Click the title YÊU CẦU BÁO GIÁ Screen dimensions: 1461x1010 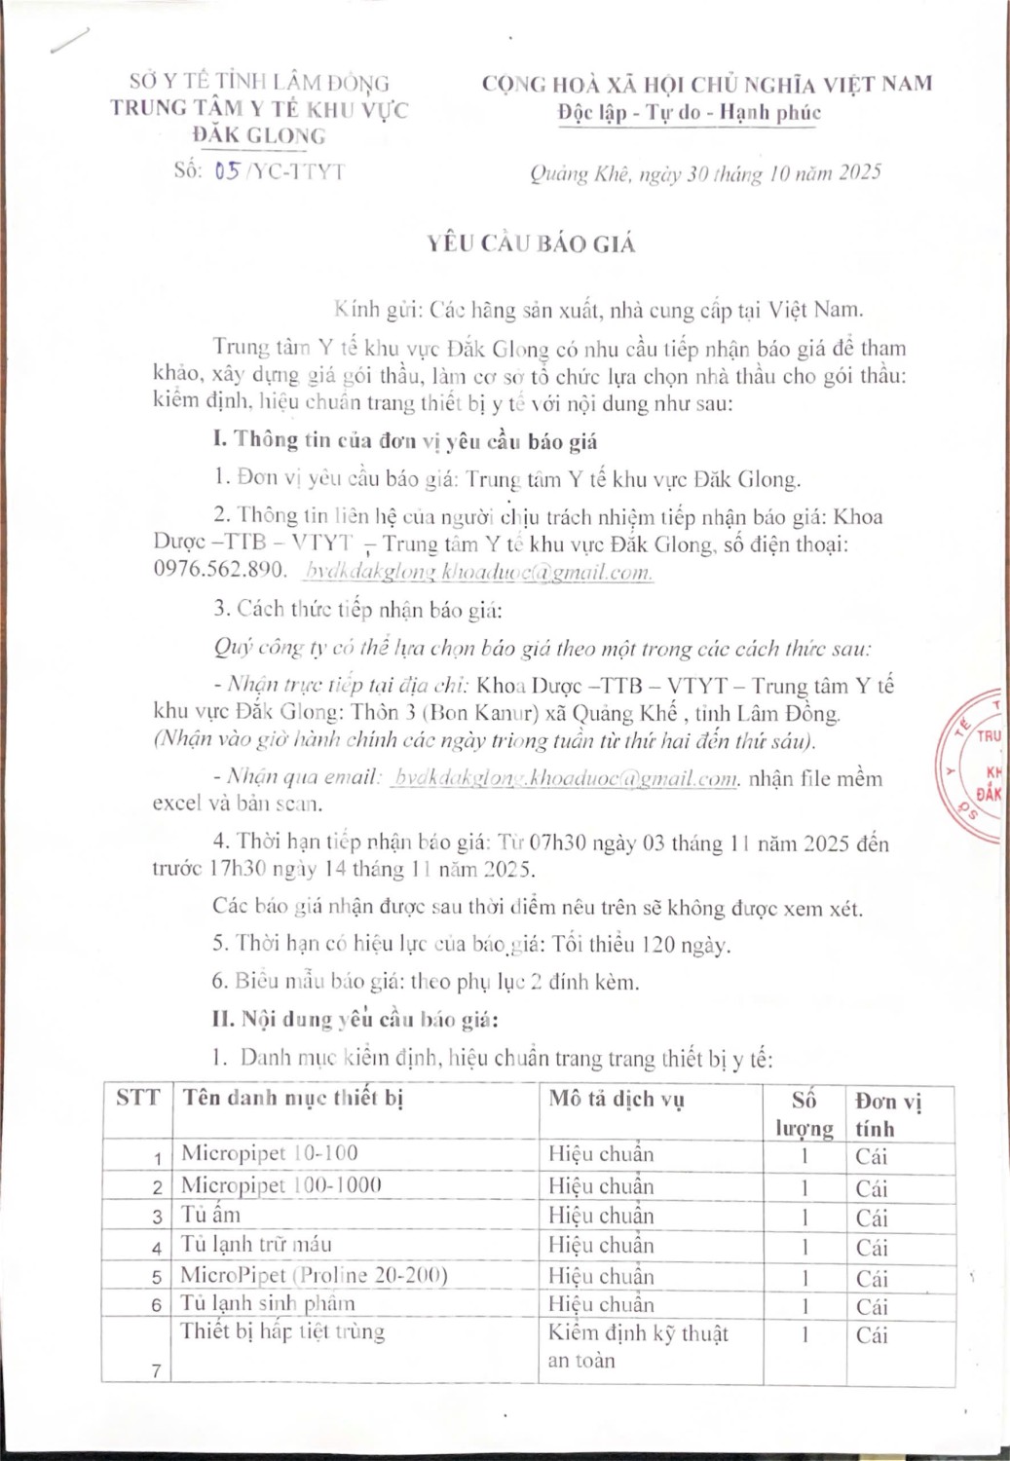click(531, 243)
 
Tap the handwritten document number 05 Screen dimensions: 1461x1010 click(227, 171)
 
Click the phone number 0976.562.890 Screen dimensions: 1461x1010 click(219, 570)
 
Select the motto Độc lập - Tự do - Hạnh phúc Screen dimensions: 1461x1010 click(690, 112)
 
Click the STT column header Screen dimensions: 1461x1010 click(137, 1099)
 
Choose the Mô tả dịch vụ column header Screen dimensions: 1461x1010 click(616, 1099)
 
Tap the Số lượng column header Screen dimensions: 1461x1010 click(804, 1113)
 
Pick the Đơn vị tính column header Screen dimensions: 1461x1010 click(887, 1113)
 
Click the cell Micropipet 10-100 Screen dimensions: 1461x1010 click(270, 1153)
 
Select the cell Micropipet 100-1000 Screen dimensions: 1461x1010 click(281, 1185)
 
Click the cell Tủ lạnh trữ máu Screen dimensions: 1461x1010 click(255, 1244)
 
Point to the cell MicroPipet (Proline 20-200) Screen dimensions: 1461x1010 click(314, 1274)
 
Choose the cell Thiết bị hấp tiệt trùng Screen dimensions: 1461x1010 click(282, 1331)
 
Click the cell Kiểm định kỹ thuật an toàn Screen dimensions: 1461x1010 click(638, 1346)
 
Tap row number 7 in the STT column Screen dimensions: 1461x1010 click(156, 1370)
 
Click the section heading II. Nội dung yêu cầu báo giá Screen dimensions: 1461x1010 click(355, 1019)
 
